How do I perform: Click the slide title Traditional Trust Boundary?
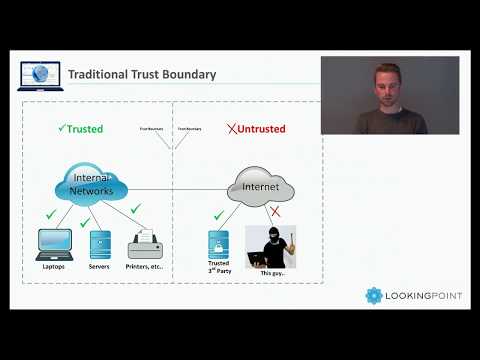click(141, 74)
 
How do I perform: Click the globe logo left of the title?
click(41, 74)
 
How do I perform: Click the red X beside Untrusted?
click(232, 129)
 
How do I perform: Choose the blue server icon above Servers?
click(100, 243)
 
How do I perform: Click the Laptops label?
click(54, 267)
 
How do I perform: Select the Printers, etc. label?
click(145, 267)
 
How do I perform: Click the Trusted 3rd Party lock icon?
click(218, 245)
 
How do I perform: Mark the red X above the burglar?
click(273, 213)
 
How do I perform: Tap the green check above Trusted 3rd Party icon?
click(219, 216)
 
